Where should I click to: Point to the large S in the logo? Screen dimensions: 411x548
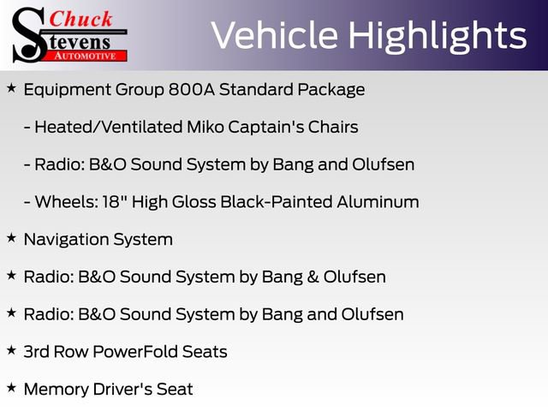coord(27,34)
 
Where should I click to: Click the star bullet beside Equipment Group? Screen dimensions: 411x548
coord(11,88)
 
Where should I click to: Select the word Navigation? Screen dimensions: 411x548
coord(68,240)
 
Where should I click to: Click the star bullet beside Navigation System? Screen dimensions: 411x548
coord(11,239)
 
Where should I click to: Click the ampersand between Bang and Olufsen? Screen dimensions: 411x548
coord(324,277)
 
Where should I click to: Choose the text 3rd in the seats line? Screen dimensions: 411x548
coord(36,352)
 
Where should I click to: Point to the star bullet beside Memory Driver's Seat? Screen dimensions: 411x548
coord(11,389)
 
